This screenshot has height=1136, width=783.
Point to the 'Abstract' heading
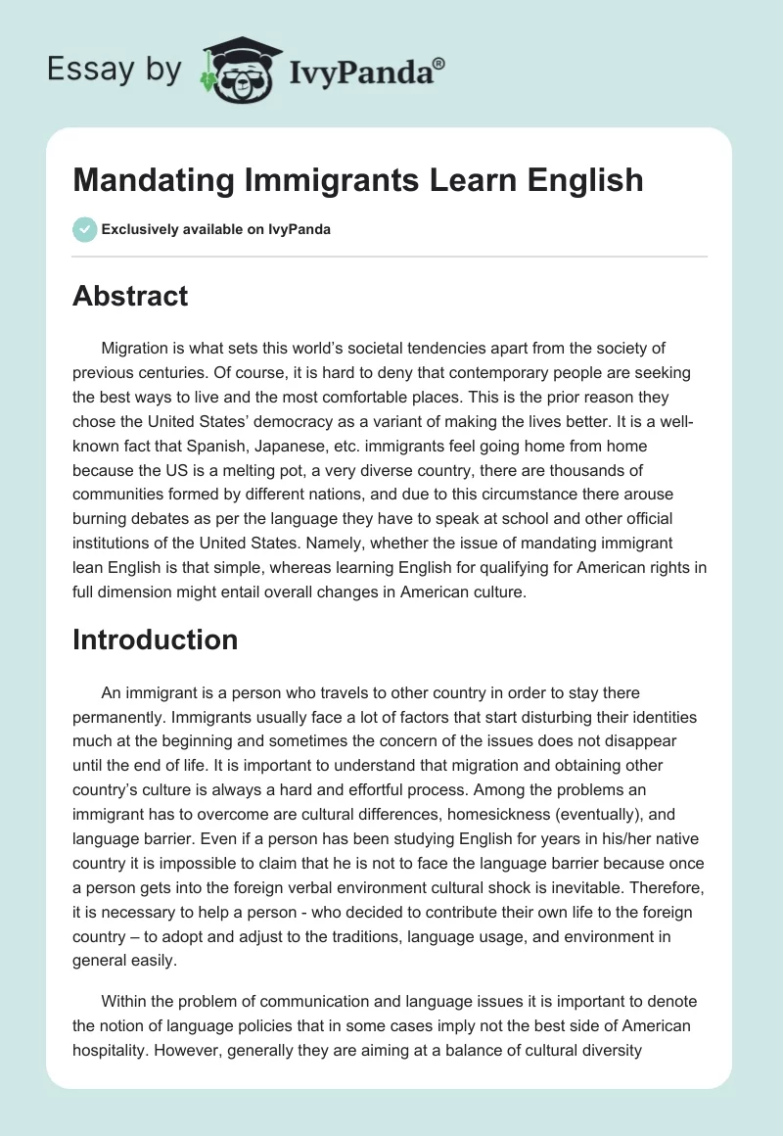coord(130,296)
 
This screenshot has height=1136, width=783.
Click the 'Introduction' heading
coord(155,639)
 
